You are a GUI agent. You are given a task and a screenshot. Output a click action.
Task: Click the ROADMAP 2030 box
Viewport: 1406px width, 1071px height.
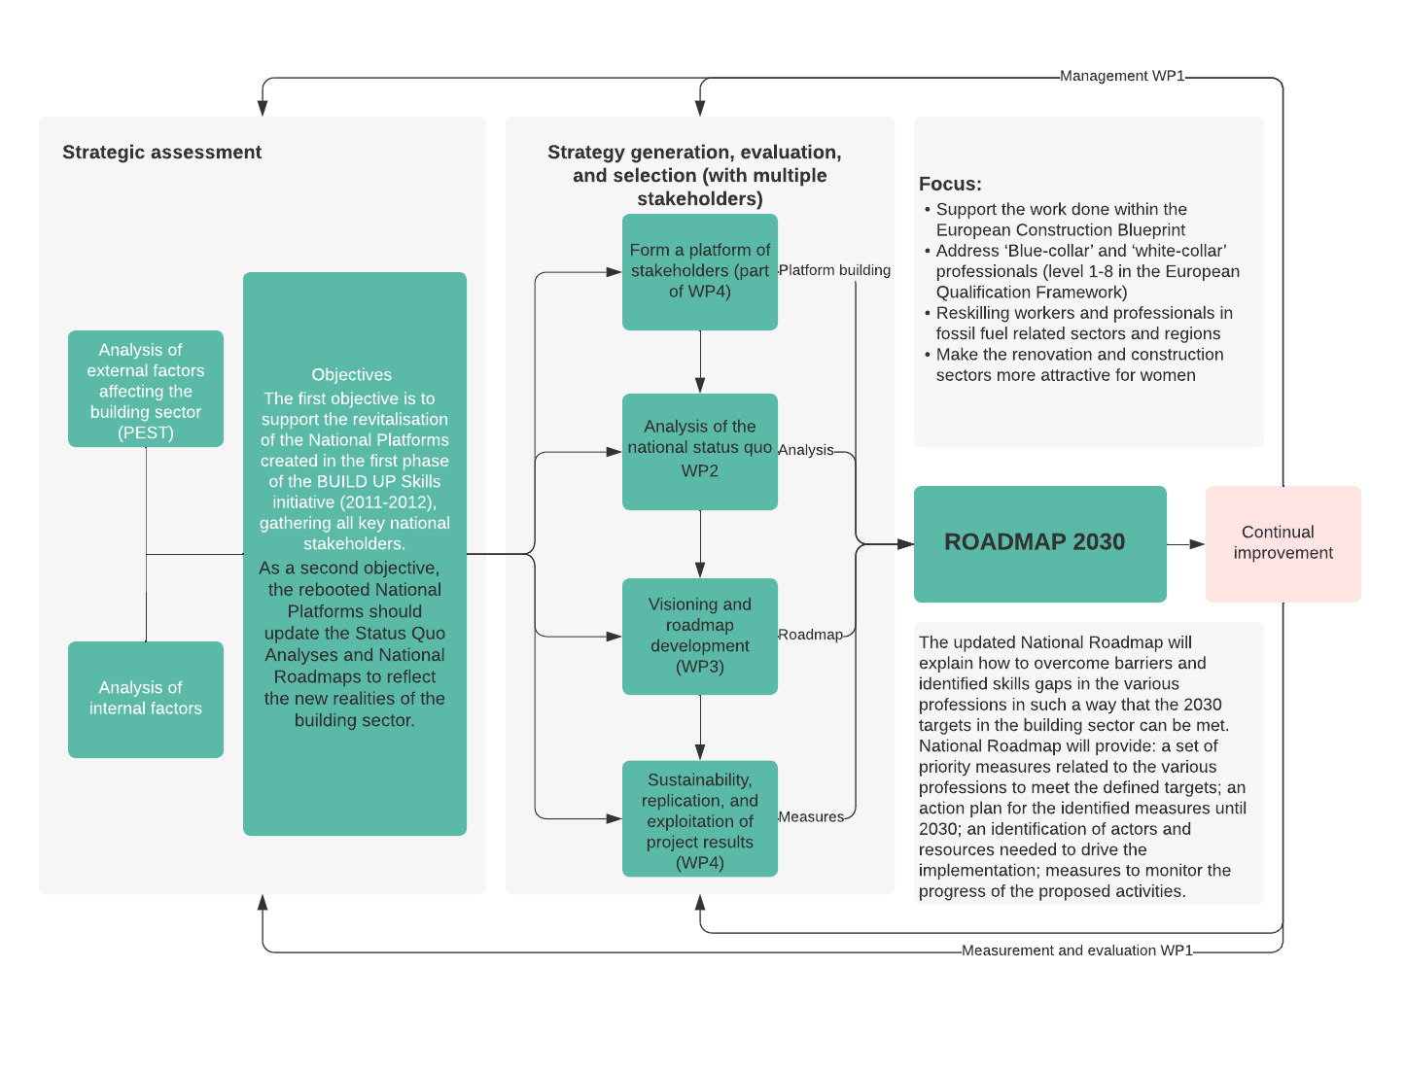pos(1039,543)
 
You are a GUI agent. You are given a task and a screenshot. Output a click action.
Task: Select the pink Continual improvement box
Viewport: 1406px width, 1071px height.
pos(1283,543)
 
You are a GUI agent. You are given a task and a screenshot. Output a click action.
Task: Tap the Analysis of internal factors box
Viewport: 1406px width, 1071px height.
pos(146,699)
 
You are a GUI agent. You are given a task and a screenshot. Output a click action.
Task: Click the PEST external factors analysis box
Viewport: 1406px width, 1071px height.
pos(146,389)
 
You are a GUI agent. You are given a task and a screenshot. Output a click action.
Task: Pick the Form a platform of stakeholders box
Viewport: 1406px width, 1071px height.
pos(699,272)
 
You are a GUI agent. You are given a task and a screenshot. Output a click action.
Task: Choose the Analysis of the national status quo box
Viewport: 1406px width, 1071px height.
pos(699,451)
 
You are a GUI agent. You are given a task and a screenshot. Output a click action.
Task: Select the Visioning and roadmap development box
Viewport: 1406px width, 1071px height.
pos(699,637)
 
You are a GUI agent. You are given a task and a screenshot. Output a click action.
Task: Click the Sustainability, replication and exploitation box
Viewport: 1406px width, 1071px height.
pos(699,818)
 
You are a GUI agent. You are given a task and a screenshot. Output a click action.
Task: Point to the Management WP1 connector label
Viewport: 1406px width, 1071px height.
pos(1122,76)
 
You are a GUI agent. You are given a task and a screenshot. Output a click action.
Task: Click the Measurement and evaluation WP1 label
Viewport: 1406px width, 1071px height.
pos(1076,950)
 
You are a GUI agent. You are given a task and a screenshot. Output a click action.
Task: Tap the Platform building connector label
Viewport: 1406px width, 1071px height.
pos(834,270)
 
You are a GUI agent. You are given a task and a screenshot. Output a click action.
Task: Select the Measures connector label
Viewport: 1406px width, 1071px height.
pos(811,816)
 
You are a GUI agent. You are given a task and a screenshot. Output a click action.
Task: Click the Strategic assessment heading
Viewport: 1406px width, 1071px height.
pos(161,153)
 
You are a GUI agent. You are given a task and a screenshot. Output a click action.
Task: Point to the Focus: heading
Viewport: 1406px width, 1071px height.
pos(950,185)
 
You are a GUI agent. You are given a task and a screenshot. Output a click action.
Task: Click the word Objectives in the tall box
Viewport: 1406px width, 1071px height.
pos(351,374)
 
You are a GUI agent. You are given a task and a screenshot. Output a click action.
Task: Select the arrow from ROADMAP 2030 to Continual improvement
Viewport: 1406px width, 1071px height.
pos(1185,544)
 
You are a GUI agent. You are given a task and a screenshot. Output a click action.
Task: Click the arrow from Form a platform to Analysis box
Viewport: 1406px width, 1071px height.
pos(700,362)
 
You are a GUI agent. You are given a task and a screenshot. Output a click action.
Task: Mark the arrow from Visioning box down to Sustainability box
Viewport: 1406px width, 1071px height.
pos(700,727)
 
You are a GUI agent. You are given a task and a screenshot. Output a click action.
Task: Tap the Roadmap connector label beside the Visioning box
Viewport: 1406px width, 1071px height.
pos(810,635)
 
